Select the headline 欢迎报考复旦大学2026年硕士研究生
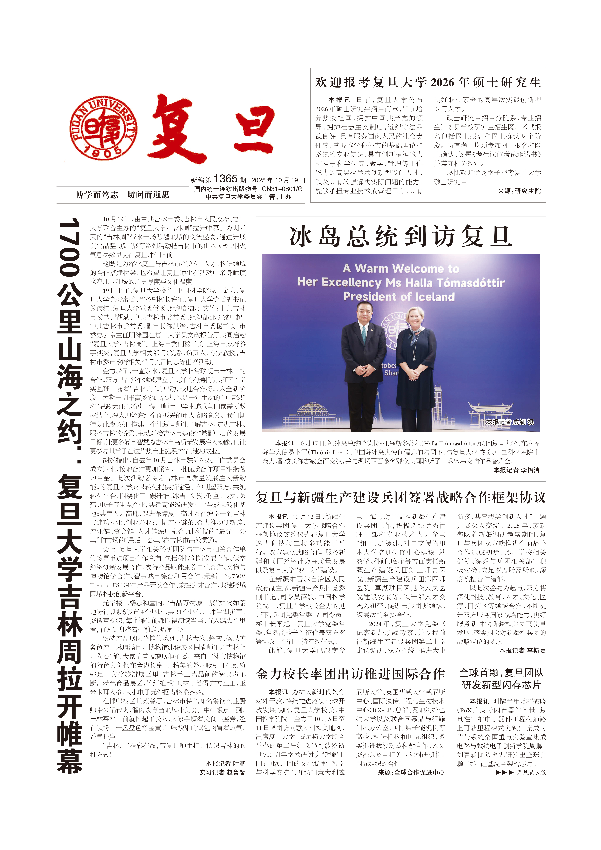pos(428,82)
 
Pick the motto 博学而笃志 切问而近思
pos(122,195)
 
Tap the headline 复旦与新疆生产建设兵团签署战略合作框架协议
pos(401,498)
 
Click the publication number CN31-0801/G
pos(282,189)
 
